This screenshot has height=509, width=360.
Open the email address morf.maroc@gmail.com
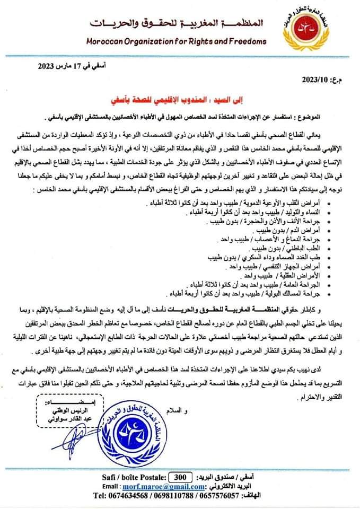[164, 472]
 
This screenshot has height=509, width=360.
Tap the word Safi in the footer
[97, 462]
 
